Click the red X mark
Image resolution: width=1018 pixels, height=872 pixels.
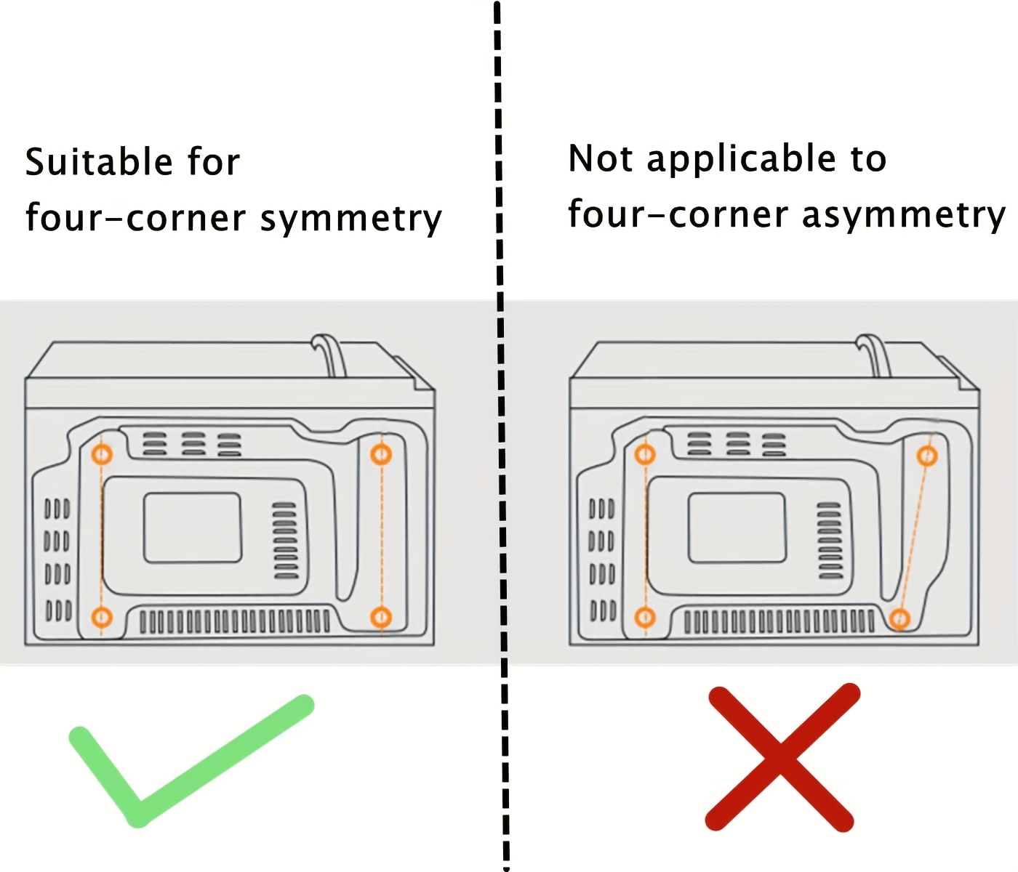(782, 757)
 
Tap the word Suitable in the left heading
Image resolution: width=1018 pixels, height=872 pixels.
(98, 161)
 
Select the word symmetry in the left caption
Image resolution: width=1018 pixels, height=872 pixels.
(351, 219)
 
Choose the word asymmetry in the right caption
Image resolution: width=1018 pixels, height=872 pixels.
(904, 216)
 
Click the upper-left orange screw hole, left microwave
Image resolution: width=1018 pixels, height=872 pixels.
(102, 455)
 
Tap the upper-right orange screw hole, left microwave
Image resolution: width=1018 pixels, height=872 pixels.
(381, 455)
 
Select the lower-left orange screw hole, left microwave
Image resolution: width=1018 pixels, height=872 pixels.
(102, 618)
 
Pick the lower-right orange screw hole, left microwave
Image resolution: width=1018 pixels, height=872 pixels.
(381, 618)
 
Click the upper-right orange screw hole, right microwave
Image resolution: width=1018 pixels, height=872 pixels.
(926, 456)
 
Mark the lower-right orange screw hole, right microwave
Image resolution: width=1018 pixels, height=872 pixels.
(899, 619)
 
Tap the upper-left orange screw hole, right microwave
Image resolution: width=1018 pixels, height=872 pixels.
(645, 455)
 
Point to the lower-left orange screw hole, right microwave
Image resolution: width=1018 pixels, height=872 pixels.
(645, 618)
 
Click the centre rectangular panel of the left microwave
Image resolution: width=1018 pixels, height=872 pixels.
(192, 528)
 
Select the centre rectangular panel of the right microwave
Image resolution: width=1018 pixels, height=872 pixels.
(737, 528)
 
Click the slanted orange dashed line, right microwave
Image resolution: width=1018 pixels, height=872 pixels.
(913, 538)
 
